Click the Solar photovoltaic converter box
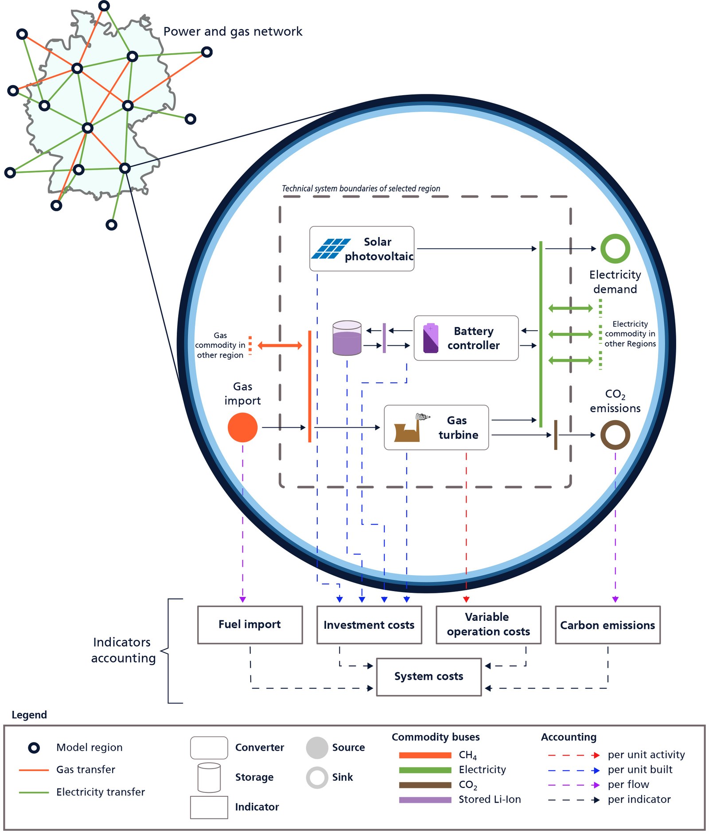(362, 249)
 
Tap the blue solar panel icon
(331, 249)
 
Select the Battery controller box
(466, 338)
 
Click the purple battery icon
(431, 338)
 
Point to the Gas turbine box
(436, 428)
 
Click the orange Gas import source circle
(242, 428)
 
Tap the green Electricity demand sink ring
(615, 249)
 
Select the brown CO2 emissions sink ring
(615, 435)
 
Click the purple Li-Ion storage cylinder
(347, 338)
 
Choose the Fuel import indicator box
(250, 625)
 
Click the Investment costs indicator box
(369, 625)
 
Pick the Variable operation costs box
(488, 625)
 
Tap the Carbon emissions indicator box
(608, 625)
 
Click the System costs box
(429, 677)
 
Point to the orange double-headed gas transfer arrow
(280, 346)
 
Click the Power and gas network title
(233, 31)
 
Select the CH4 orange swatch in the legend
(425, 755)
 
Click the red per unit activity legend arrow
(573, 755)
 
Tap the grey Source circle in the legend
(317, 748)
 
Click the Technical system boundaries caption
(361, 188)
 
